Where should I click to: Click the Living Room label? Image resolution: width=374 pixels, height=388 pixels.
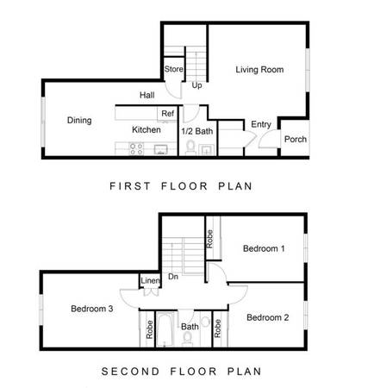[259, 70]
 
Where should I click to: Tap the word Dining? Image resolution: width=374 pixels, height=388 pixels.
[79, 120]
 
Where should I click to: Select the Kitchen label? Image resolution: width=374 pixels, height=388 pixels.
[146, 129]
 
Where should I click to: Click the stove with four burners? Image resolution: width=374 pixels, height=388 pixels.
[136, 149]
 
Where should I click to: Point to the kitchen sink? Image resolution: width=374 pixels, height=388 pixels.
[160, 149]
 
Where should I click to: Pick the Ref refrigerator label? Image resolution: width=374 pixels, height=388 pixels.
[167, 114]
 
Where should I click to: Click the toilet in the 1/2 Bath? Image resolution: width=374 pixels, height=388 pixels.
[190, 147]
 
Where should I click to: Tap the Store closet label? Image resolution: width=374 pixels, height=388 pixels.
[173, 69]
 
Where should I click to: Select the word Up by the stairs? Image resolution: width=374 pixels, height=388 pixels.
[196, 85]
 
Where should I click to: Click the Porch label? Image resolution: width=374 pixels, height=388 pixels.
[296, 140]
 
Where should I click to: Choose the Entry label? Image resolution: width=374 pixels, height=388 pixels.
[261, 124]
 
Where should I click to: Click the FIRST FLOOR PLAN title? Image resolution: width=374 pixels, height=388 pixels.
[181, 186]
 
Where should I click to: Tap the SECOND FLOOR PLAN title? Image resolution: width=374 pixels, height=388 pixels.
[181, 372]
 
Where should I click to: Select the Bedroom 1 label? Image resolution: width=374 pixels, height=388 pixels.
[264, 248]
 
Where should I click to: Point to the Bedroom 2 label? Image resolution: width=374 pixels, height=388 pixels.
[268, 317]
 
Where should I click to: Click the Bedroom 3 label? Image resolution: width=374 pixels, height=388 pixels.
[92, 309]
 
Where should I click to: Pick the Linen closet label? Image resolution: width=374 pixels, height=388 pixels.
[150, 280]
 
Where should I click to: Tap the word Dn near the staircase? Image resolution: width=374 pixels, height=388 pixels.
[173, 277]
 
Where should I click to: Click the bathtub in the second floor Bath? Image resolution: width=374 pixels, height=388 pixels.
[165, 329]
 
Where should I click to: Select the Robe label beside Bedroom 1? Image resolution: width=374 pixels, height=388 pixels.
[209, 239]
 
